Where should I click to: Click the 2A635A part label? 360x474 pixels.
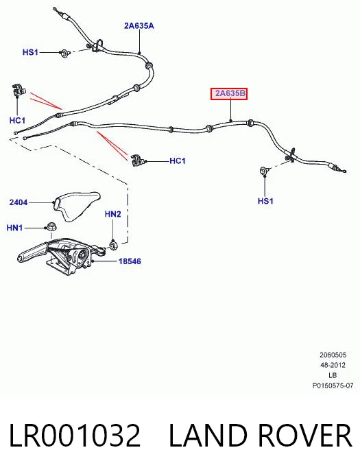(x=139, y=26)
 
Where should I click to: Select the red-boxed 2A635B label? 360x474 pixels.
(x=229, y=93)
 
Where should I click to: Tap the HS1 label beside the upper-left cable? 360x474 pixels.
(x=30, y=52)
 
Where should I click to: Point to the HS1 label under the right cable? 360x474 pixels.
(x=265, y=201)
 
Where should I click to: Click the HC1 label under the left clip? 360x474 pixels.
(x=17, y=120)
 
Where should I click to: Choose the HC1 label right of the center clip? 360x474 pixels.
(x=178, y=161)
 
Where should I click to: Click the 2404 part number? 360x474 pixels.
(x=18, y=202)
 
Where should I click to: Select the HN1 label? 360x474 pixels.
(x=14, y=228)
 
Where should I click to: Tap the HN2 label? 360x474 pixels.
(x=112, y=214)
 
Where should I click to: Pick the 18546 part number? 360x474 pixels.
(x=130, y=261)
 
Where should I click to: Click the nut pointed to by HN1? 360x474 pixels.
(x=50, y=226)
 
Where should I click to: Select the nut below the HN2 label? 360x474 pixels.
(x=113, y=245)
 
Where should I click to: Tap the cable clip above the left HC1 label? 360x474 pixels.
(x=19, y=91)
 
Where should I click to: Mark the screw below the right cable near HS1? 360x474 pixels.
(x=263, y=171)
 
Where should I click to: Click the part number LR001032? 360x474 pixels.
(x=75, y=436)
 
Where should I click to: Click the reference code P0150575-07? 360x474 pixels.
(x=333, y=386)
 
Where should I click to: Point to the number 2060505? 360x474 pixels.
(x=333, y=355)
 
